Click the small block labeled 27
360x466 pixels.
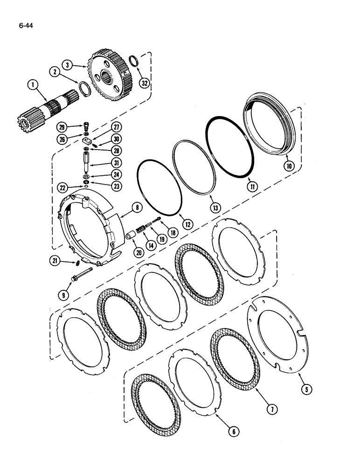pos(86,140)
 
